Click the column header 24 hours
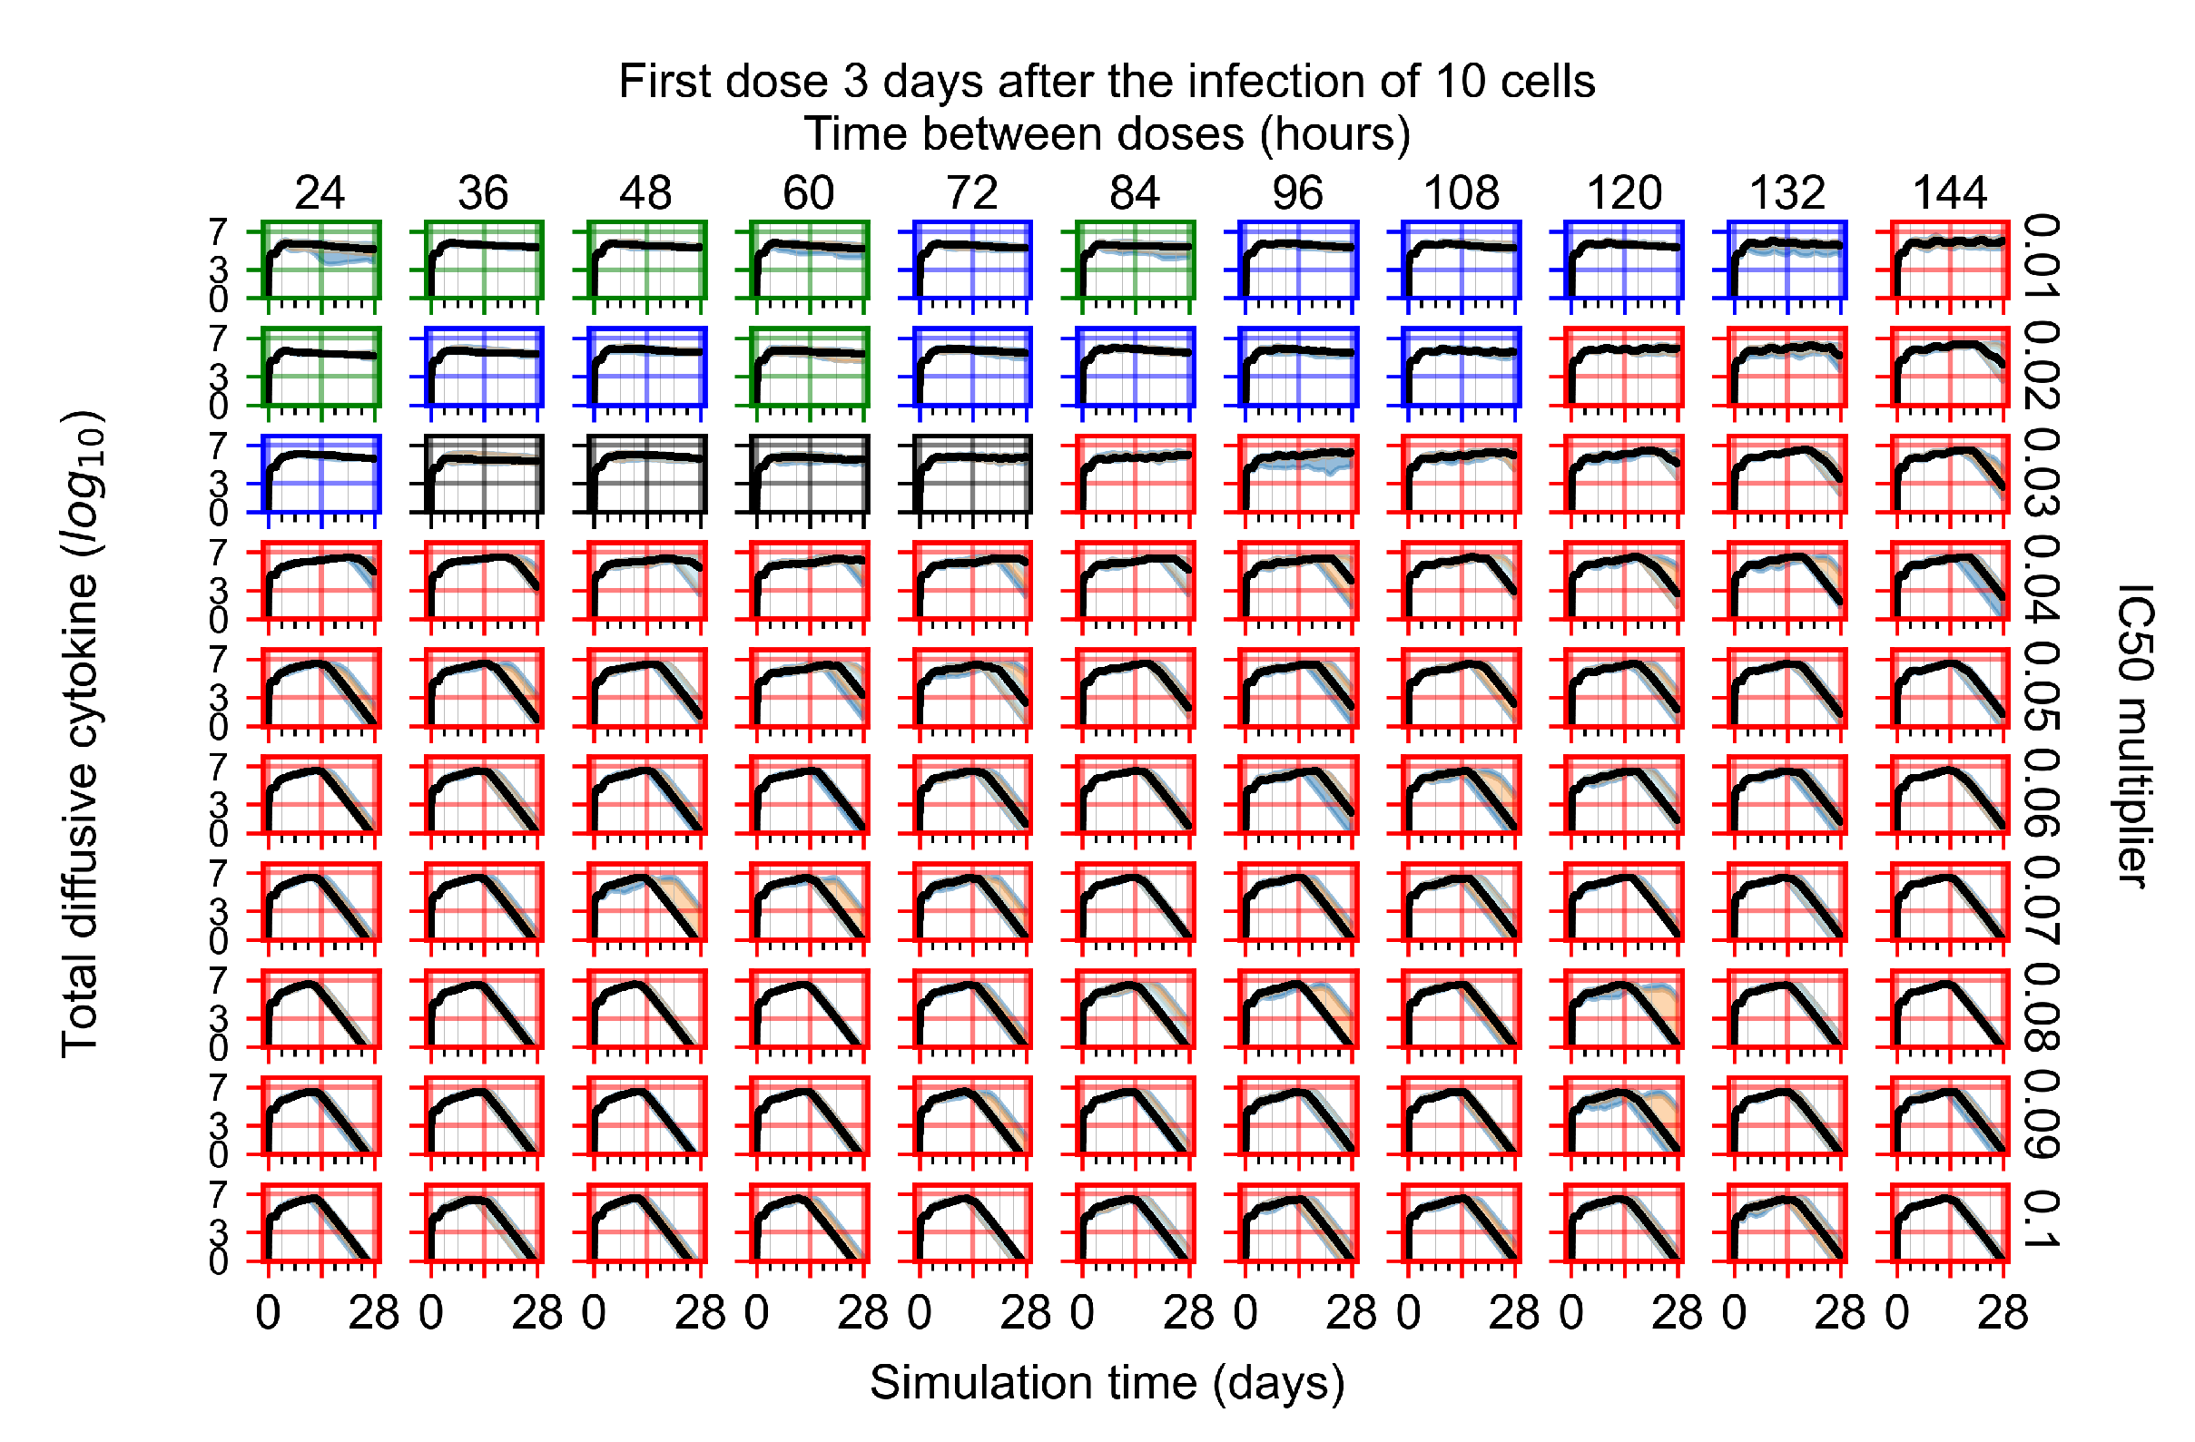[320, 193]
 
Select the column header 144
[1949, 193]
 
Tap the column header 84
[1135, 193]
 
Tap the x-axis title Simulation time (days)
[1107, 1383]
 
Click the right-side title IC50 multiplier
[2133, 736]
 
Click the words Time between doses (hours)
[1107, 134]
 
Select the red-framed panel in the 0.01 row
[1949, 260]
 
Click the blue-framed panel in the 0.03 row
[320, 474]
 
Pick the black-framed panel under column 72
[971, 474]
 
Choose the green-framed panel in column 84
[1135, 260]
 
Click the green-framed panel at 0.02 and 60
[809, 367]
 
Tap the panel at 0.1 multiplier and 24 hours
[320, 1222]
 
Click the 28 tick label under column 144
[2003, 1313]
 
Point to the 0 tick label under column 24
[268, 1313]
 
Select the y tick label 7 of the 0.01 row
[218, 232]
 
